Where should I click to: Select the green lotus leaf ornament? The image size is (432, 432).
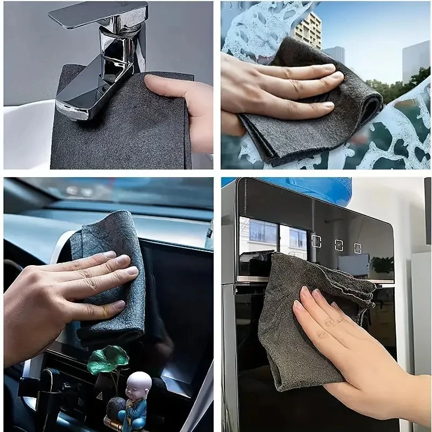108,359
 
